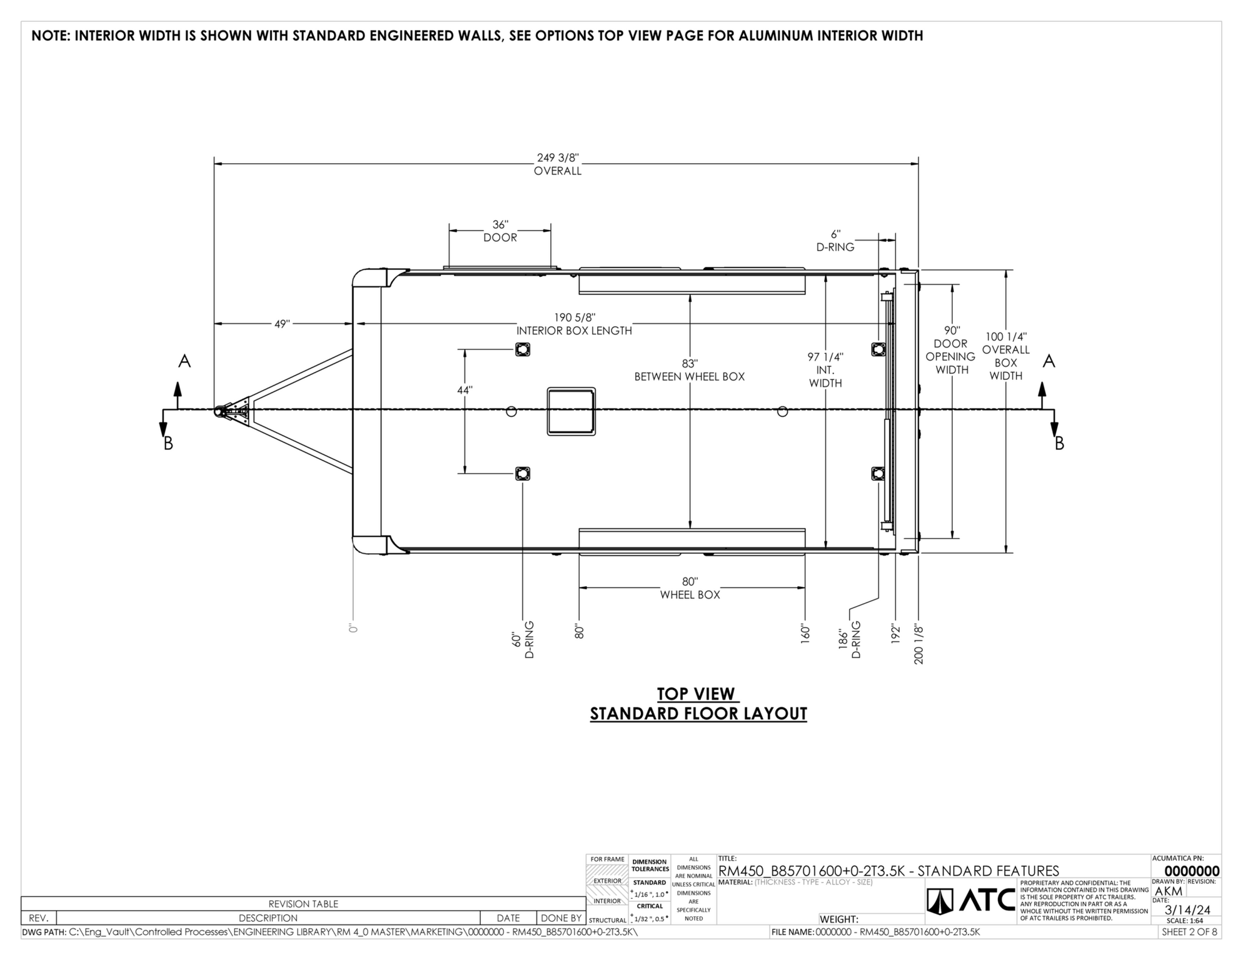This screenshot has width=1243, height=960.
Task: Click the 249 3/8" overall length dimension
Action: click(558, 164)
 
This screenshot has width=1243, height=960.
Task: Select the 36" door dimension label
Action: click(500, 231)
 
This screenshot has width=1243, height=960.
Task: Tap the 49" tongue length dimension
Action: click(282, 324)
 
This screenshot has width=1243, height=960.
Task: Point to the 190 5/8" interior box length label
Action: click(574, 324)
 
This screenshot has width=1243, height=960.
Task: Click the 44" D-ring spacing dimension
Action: click(464, 390)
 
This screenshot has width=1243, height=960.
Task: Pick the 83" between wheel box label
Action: click(690, 370)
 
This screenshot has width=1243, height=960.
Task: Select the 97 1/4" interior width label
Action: click(825, 369)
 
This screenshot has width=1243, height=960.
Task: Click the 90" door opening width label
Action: click(951, 350)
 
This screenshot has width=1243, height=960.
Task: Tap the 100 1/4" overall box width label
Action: click(1005, 356)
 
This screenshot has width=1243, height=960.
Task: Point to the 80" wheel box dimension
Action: click(690, 588)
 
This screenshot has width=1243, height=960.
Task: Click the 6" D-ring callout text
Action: click(835, 241)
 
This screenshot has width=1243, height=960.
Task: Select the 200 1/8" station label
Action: click(918, 643)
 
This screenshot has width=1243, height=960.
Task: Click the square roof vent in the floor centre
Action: click(571, 411)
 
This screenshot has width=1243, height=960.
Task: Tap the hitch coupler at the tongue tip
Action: click(221, 412)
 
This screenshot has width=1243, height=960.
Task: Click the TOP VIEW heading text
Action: click(698, 694)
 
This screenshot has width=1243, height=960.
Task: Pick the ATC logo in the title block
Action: click(971, 900)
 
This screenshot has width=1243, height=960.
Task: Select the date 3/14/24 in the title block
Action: click(1187, 910)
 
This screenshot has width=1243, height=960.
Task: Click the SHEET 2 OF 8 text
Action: click(1189, 932)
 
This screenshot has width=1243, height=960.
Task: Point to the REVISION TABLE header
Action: click(303, 904)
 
